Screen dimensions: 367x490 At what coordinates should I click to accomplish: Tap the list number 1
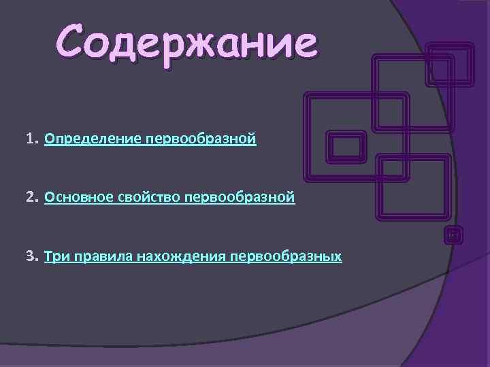click(x=30, y=139)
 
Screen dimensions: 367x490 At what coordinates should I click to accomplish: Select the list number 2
click(x=30, y=198)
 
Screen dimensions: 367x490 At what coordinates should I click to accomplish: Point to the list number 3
click(x=30, y=256)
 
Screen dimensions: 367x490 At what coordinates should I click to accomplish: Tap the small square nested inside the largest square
click(x=346, y=147)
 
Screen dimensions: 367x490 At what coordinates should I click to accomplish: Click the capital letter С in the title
click(x=73, y=42)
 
